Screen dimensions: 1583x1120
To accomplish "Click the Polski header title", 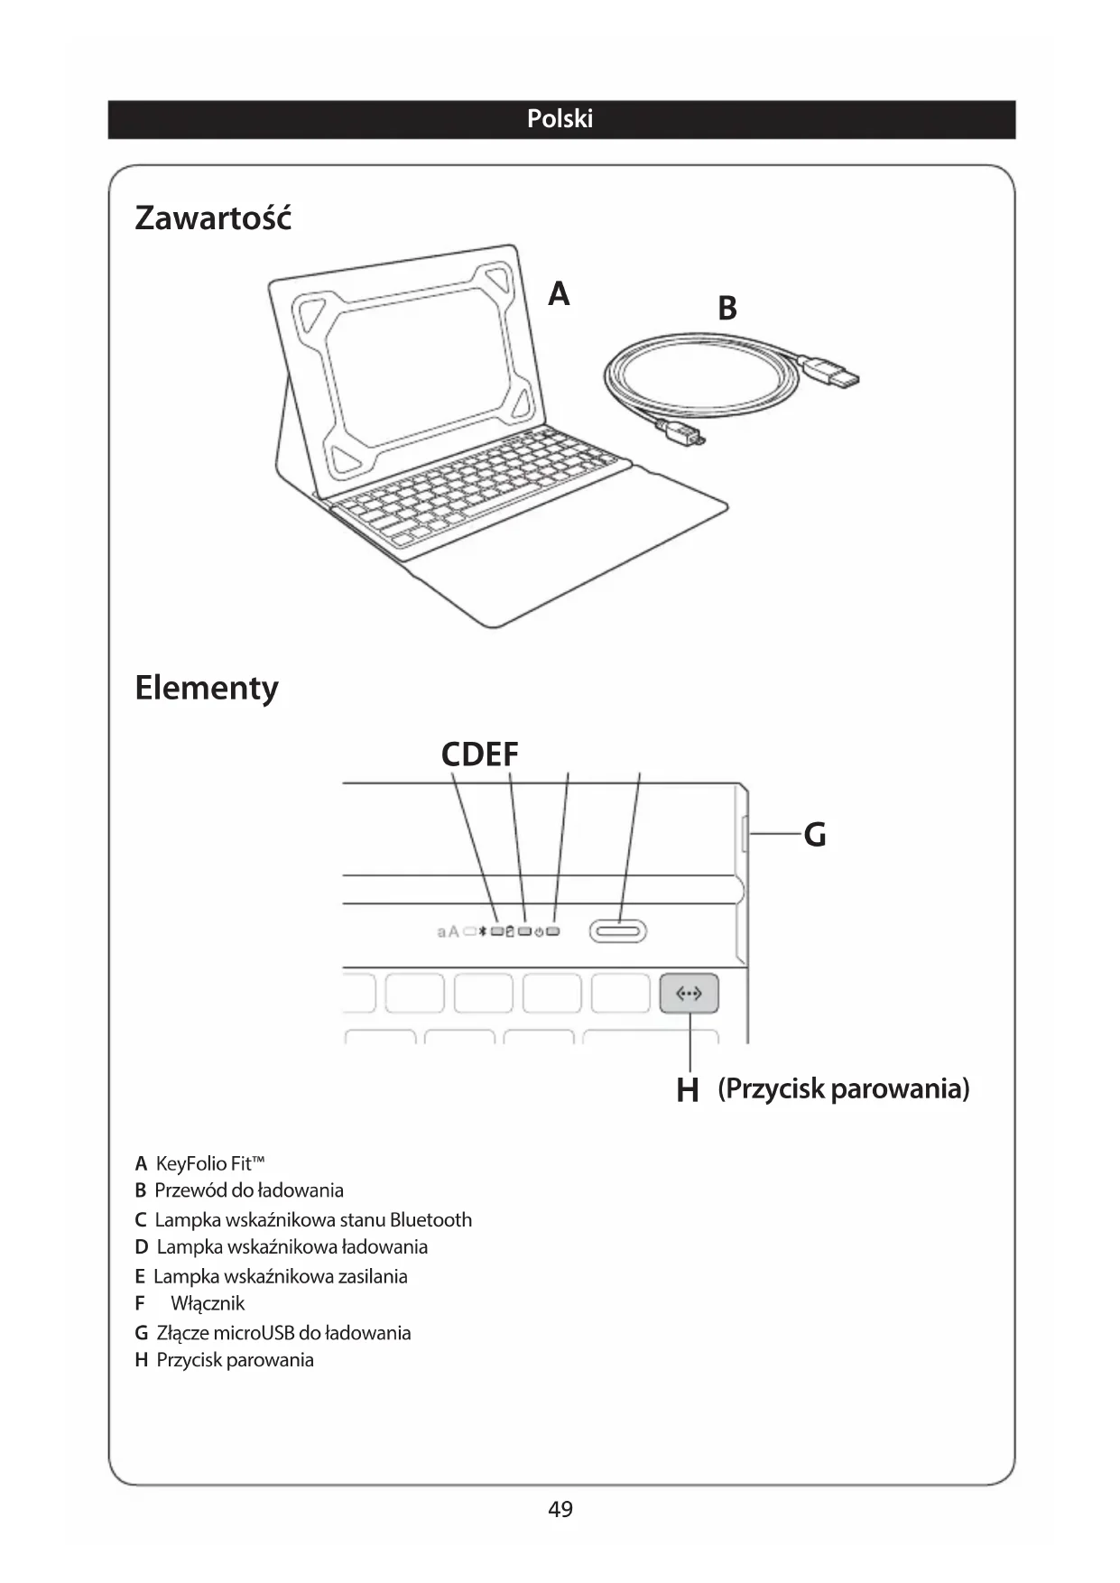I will coord(560,119).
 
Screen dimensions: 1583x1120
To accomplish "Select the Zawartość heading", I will coord(213,218).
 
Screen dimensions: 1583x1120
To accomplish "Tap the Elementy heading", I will coord(207,688).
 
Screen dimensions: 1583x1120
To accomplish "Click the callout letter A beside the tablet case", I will coord(559,294).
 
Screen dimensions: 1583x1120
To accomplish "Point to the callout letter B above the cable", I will coord(727,309).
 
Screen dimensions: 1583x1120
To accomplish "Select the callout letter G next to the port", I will coord(814,835).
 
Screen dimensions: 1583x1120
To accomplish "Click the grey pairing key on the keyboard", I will coord(689,993).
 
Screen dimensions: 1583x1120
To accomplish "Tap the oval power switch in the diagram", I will coord(618,930).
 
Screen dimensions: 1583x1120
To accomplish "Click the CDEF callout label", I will coord(479,754).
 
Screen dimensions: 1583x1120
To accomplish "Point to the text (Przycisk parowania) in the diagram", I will coord(843,1088).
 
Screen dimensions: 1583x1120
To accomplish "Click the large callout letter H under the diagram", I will coord(688,1090).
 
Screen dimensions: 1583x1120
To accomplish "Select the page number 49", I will coord(560,1509).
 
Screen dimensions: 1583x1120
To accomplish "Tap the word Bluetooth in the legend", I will coord(430,1220).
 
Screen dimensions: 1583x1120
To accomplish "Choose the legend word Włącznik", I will coord(208,1303).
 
